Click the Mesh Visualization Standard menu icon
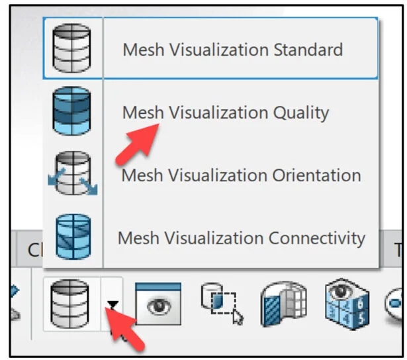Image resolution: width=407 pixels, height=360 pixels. pyautogui.click(x=71, y=48)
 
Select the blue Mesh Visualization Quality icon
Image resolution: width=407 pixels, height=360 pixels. pyautogui.click(x=71, y=111)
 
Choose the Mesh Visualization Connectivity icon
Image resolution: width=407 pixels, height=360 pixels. pyautogui.click(x=71, y=235)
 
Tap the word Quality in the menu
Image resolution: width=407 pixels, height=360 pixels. pyautogui.click(x=300, y=112)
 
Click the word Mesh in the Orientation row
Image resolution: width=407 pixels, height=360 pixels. pyautogui.click(x=142, y=175)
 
